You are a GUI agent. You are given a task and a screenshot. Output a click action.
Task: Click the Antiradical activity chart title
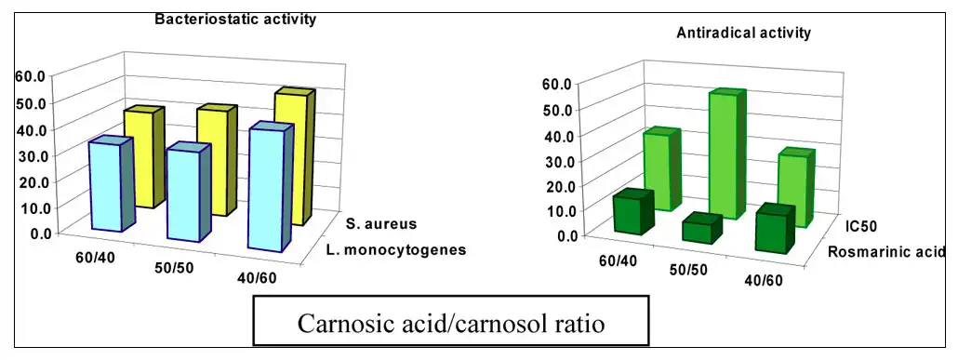(742, 33)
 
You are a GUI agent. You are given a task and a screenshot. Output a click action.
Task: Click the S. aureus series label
(380, 224)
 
